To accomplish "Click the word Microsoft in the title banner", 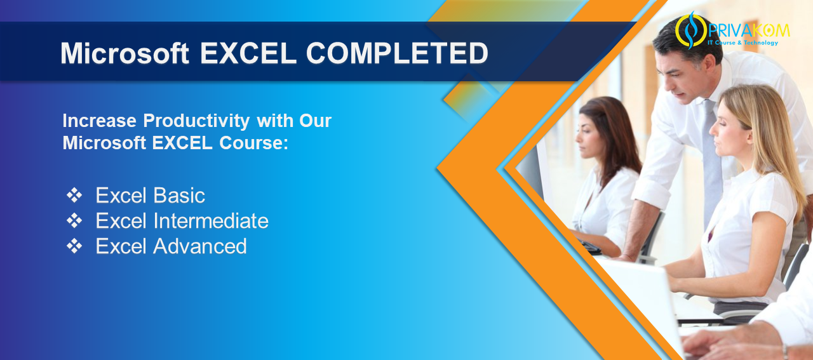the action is [x=124, y=54].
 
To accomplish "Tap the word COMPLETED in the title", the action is [x=397, y=53].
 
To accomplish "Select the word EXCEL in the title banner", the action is [x=248, y=53].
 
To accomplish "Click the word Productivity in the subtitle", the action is [x=196, y=121].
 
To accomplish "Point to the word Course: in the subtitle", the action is [x=253, y=143].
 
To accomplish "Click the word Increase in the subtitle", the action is [x=99, y=121].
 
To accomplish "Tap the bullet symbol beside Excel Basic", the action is [x=74, y=196].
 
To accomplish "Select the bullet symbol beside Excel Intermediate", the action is [x=74, y=221].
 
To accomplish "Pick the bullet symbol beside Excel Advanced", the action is [x=74, y=246].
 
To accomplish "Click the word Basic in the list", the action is [x=179, y=196].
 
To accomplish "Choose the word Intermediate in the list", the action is [x=211, y=221].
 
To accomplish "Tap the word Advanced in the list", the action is [x=200, y=246].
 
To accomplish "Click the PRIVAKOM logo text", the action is [x=749, y=30].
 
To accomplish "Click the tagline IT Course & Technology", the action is [x=742, y=43].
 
